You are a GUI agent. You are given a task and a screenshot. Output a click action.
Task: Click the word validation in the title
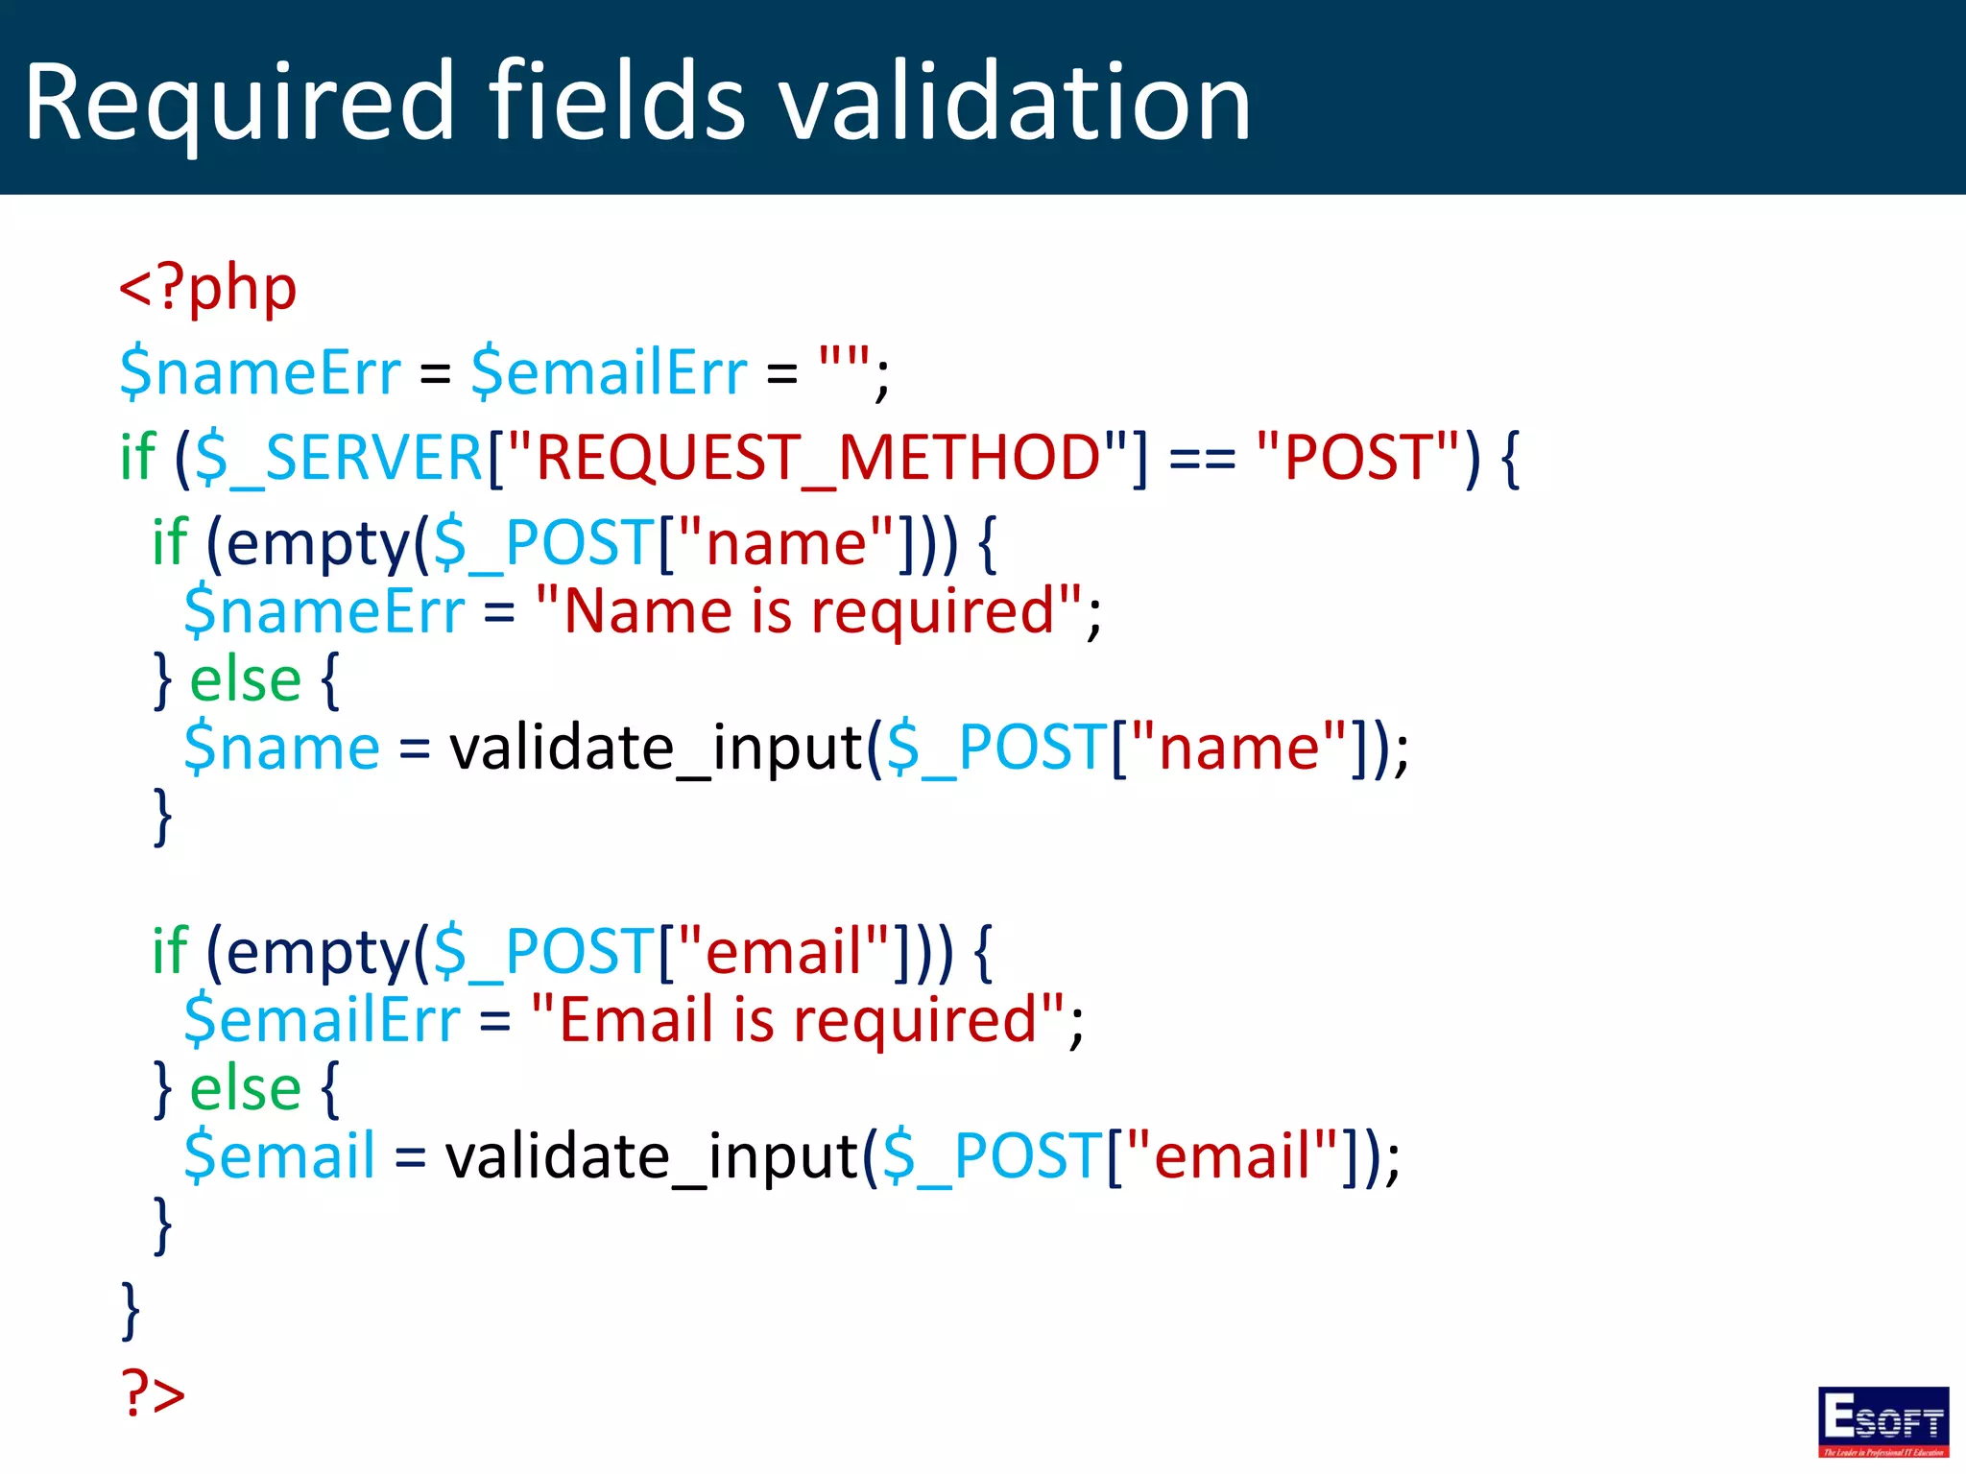tap(1015, 102)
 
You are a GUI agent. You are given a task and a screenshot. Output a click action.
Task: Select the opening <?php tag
tap(207, 288)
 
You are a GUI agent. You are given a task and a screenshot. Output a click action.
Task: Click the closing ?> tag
tap(153, 1392)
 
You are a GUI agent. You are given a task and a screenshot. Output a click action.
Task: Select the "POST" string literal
tap(1357, 458)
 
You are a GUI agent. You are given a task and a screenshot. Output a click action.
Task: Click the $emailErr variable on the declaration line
tap(609, 372)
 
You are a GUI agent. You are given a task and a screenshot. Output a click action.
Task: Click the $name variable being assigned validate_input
tap(281, 748)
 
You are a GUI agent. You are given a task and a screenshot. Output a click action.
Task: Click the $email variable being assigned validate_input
tap(279, 1155)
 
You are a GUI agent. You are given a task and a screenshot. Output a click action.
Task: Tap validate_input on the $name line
tap(656, 748)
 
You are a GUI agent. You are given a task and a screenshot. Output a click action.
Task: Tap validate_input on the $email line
tap(652, 1155)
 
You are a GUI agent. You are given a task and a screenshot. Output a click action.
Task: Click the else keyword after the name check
tap(246, 680)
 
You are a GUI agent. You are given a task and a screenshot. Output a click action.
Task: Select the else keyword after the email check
tap(246, 1088)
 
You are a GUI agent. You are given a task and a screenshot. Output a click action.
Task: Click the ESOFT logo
tap(1882, 1421)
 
